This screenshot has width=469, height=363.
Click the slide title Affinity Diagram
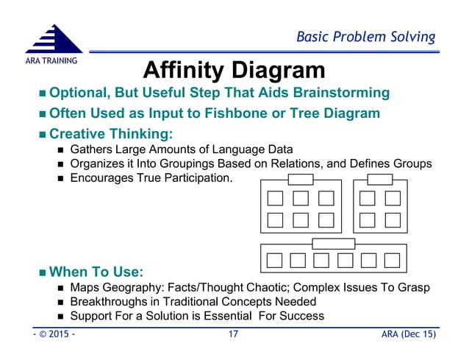click(233, 71)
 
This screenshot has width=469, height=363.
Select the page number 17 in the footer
click(233, 336)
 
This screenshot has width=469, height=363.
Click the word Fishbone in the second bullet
click(257, 113)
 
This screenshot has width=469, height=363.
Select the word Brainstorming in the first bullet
click(336, 93)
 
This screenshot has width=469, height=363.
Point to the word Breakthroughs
click(107, 301)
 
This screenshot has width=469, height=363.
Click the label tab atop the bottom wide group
click(333, 244)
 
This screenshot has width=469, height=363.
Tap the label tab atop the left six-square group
click(300, 180)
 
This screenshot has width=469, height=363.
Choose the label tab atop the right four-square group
click(379, 180)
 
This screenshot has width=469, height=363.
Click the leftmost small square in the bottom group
click(275, 260)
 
